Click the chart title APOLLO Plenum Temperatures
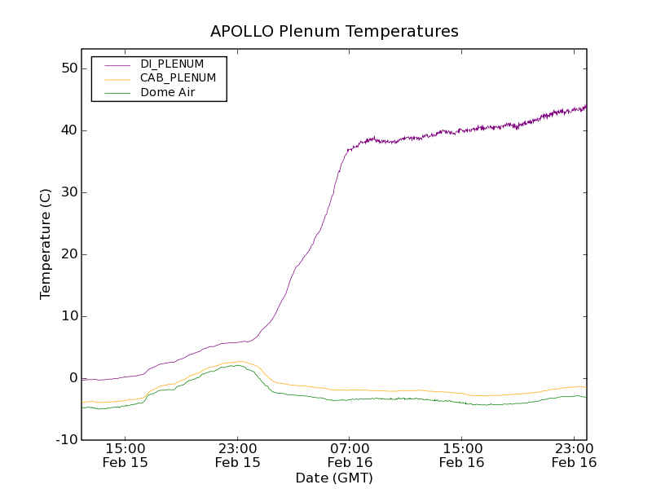[x=334, y=32]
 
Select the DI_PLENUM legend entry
[x=172, y=64]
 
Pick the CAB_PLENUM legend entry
[x=178, y=78]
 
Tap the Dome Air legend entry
[x=168, y=93]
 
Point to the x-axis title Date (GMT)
[x=334, y=478]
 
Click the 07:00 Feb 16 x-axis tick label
[x=350, y=455]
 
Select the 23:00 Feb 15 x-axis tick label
[x=237, y=455]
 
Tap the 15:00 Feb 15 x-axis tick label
[x=126, y=455]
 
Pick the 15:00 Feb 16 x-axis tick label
[x=461, y=455]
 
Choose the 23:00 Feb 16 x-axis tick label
[x=574, y=455]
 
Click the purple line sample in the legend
[x=115, y=64]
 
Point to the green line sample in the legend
[x=115, y=93]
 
